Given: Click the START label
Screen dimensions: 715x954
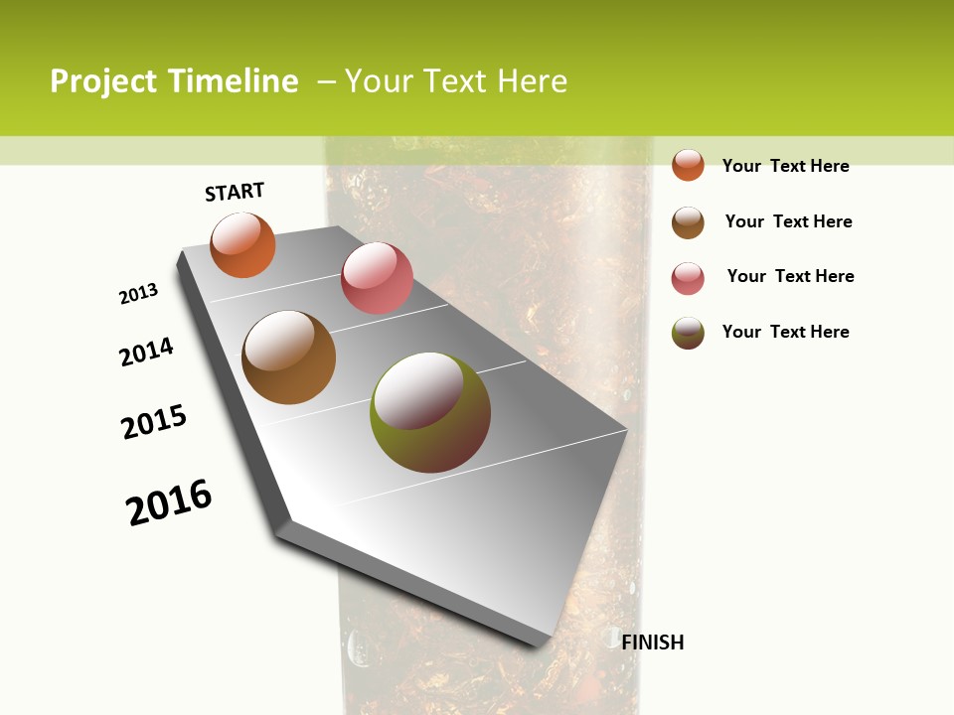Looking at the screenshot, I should (235, 192).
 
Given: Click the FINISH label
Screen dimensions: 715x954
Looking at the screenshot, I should (653, 643).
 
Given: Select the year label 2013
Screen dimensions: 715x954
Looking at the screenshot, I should (139, 294).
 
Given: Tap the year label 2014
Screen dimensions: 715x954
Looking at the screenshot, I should (147, 352).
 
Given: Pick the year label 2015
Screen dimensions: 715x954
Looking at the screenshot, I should (154, 422).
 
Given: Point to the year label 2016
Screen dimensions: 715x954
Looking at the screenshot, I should (169, 501).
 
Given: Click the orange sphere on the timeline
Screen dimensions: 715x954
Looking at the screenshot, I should (242, 244).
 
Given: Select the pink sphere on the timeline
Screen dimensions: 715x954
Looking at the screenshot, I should (377, 277).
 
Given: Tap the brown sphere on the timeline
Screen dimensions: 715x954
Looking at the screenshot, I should (288, 357).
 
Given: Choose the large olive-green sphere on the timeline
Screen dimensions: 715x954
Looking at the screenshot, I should (429, 412).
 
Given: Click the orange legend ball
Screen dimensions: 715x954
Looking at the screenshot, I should (688, 165).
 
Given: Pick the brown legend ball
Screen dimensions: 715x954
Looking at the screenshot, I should (688, 222).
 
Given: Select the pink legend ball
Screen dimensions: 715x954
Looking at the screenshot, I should (688, 278).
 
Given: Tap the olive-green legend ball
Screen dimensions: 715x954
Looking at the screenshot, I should (688, 333).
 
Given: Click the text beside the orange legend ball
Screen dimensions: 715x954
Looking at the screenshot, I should (785, 166).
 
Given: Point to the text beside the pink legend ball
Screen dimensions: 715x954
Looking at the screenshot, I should (790, 276).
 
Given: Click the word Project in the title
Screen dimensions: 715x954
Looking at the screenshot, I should (103, 81).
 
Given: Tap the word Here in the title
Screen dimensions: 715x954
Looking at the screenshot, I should (532, 81).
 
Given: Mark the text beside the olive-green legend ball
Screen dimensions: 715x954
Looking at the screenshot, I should (785, 332).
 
